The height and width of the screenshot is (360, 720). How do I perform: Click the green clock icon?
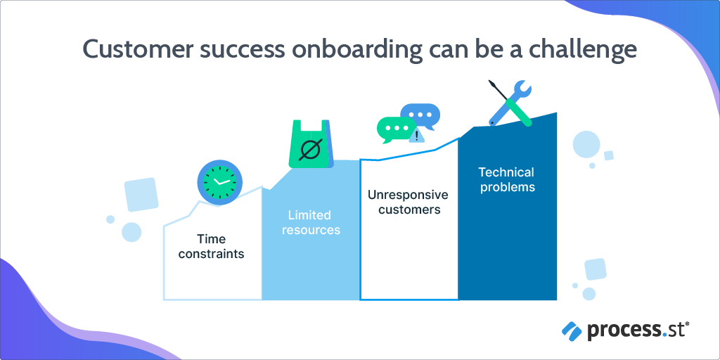point(220,182)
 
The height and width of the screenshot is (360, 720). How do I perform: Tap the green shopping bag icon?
point(311,143)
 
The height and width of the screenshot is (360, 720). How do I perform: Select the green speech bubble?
point(393,130)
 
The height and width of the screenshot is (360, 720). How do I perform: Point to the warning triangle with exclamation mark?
point(416,136)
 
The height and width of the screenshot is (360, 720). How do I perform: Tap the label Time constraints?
point(211,246)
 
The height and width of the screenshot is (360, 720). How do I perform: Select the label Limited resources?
point(311,222)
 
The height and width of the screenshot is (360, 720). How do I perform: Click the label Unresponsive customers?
point(408,202)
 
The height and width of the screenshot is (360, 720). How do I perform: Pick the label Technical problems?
point(507,179)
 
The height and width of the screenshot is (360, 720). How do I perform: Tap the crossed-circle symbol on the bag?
point(309,149)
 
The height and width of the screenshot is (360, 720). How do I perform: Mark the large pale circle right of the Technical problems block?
point(586,145)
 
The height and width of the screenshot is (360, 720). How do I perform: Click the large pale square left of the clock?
point(141,194)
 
